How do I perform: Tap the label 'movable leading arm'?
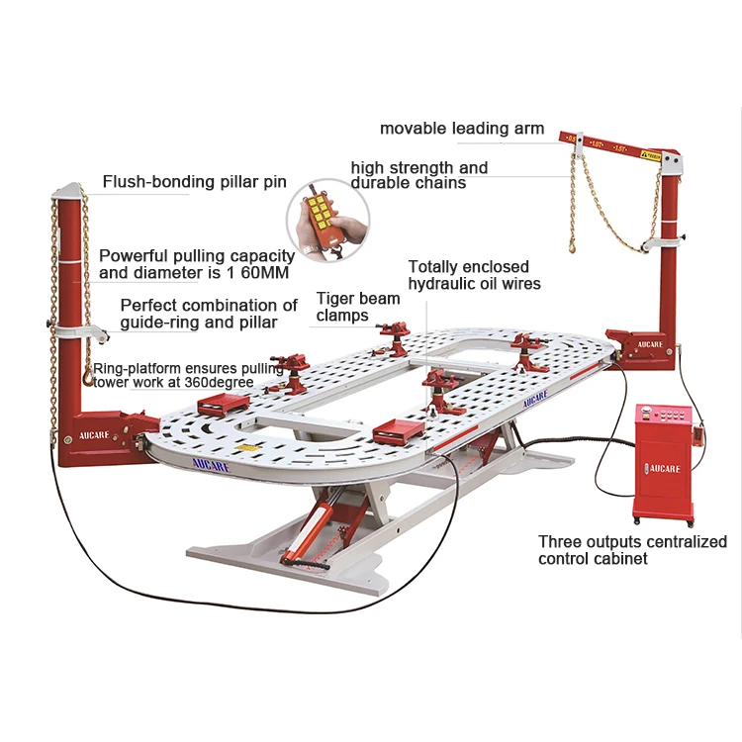point(462,129)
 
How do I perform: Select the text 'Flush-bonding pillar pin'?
point(194,182)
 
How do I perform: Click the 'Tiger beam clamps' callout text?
point(357,307)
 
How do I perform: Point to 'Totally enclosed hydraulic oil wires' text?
point(474,275)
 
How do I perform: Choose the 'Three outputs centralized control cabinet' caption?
point(631,550)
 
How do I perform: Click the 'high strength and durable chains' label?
point(418,175)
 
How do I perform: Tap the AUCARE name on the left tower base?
point(90,434)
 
